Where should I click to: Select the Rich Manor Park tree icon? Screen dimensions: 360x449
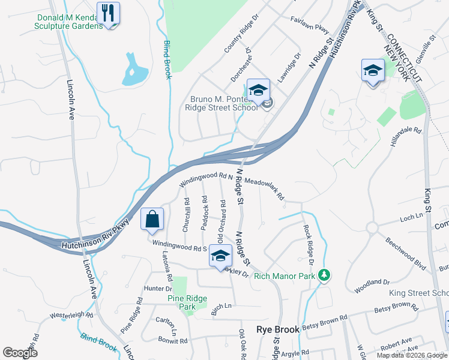pos(325,275)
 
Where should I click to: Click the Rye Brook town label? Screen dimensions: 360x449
pos(278,329)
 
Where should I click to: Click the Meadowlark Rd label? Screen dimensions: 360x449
pos(264,187)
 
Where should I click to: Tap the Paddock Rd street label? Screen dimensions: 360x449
pos(205,214)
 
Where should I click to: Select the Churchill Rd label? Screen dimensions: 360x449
pos(186,215)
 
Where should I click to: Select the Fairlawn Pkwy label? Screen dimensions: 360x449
pos(310,25)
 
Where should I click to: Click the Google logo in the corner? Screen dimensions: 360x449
pos(20,353)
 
